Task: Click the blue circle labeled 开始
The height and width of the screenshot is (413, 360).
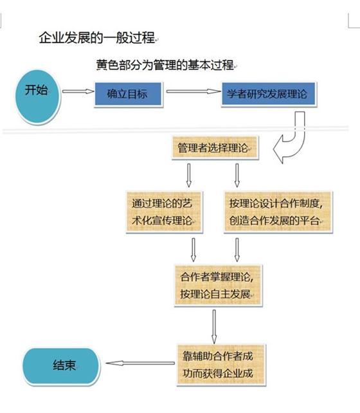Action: [x=38, y=96]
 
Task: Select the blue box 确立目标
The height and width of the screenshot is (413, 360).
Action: [x=128, y=94]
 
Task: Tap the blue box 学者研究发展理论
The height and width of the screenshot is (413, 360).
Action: [x=269, y=94]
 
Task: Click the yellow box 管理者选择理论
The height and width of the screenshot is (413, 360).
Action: [x=215, y=147]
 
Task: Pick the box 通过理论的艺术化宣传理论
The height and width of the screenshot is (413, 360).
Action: [x=164, y=212]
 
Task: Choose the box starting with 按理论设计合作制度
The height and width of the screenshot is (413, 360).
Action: [x=278, y=212]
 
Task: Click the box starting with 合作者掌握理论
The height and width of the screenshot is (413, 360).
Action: [x=218, y=285]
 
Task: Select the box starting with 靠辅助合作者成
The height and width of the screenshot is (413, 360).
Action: [x=221, y=365]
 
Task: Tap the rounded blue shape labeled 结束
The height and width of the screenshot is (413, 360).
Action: [x=61, y=365]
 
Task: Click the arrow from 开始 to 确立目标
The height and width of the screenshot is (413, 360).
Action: [x=78, y=91]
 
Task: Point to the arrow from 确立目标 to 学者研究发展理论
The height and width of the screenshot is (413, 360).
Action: [x=194, y=91]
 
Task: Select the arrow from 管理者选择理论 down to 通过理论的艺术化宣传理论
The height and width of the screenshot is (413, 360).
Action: [x=189, y=176]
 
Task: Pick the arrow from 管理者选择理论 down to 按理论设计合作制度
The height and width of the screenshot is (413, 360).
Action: [x=237, y=176]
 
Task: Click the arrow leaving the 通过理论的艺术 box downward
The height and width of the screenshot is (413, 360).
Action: [x=194, y=250]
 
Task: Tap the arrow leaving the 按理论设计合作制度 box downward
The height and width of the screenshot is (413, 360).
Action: [x=237, y=250]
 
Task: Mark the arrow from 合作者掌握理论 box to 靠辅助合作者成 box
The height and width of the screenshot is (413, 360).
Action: [x=214, y=327]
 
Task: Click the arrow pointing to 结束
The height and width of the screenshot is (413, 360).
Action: [x=140, y=363]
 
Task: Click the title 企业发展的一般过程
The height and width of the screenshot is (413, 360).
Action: [x=97, y=37]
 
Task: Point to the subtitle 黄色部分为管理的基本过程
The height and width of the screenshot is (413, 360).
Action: [x=165, y=65]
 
